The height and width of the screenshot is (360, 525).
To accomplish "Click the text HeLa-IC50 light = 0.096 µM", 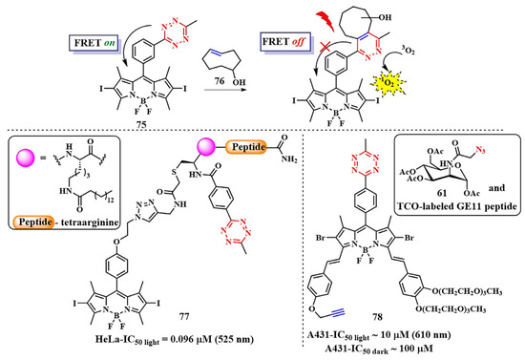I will pyautogui.click(x=137, y=347).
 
